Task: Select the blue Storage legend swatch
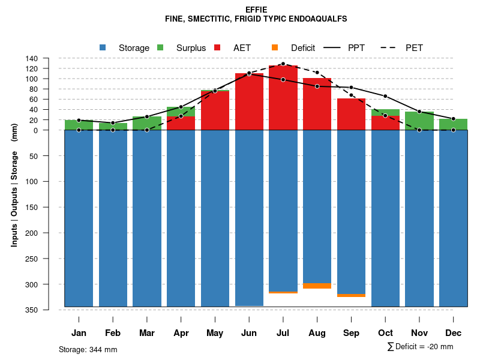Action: click(103, 48)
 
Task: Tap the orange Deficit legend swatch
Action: click(275, 48)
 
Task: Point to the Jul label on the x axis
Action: click(283, 333)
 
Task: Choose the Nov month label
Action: click(419, 333)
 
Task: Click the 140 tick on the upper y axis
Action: click(32, 58)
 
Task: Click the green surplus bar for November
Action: click(419, 121)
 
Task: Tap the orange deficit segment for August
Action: click(317, 286)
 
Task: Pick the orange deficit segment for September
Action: click(352, 295)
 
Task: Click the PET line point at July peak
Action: click(283, 64)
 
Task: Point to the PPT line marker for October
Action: click(385, 97)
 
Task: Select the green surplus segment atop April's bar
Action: click(181, 111)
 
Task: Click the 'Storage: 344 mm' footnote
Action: click(88, 349)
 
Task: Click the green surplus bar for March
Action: click(147, 123)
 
